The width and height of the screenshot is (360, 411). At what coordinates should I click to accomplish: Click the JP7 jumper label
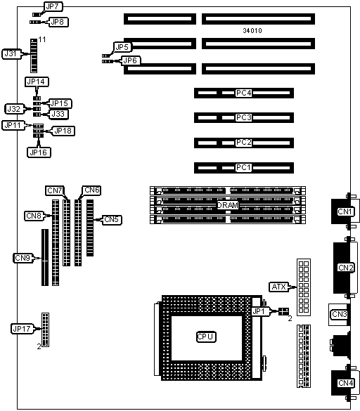point(53,7)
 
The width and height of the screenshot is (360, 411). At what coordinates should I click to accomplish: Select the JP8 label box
point(58,22)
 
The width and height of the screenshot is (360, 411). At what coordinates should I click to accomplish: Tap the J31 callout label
point(11,53)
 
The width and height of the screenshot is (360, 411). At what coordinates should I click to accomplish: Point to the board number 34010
point(252,31)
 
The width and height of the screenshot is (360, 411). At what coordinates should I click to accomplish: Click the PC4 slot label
point(244,93)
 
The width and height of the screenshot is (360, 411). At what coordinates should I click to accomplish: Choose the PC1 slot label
point(244,167)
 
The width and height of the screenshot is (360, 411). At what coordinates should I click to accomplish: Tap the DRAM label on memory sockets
point(228,205)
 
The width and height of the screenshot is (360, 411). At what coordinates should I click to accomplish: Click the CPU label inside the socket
point(206,337)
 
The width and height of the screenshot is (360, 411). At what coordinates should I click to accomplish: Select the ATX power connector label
point(279,287)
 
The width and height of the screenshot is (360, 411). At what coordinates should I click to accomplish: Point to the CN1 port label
point(345,211)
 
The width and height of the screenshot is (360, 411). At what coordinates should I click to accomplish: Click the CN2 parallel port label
point(346,268)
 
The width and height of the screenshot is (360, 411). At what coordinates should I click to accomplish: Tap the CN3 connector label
point(340,314)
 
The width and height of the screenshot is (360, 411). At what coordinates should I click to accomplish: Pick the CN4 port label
point(346,383)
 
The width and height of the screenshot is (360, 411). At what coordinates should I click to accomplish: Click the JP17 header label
point(22,328)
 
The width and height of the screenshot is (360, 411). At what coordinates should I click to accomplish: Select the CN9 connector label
point(23,258)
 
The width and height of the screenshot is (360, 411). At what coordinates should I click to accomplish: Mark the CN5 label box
point(112,219)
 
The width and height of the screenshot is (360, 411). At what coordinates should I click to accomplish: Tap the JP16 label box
point(39,152)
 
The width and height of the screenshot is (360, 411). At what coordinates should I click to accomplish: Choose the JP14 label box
point(37,81)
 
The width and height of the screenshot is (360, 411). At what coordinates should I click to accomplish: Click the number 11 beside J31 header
point(42,39)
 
